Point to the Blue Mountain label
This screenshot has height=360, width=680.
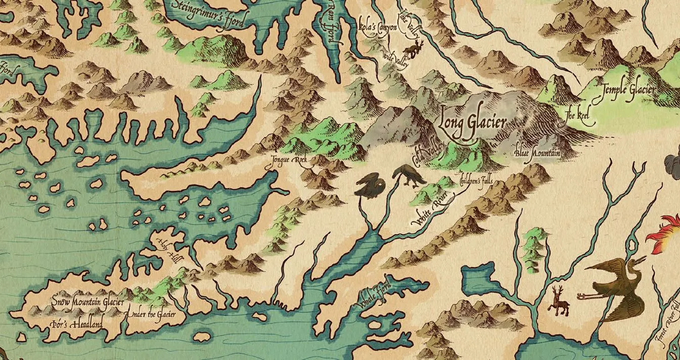click(536, 152)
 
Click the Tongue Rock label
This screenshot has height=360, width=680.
click(289, 160)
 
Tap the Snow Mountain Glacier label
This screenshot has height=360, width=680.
click(88, 302)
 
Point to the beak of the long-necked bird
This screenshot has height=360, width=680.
click(643, 260)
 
